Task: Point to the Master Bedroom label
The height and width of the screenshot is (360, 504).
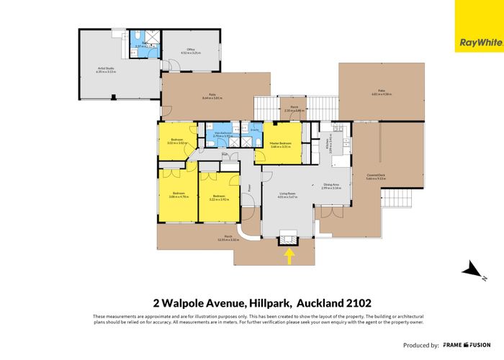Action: point(280,145)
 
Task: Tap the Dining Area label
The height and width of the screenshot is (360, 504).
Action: point(332,186)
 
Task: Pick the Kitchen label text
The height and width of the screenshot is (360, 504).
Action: point(328,144)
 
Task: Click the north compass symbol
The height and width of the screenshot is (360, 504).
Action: point(472,271)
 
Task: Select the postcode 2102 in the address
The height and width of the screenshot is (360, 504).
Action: point(356,302)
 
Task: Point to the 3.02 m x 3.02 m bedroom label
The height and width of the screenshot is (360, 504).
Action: point(177,141)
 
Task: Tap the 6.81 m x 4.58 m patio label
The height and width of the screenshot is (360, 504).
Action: point(382,93)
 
